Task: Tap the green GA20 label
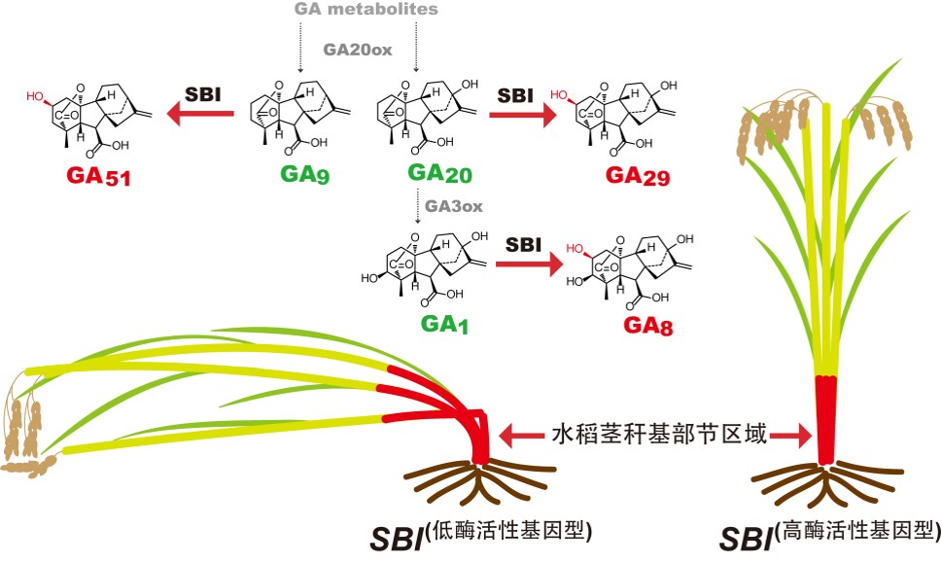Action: [425, 175]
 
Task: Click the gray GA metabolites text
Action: [366, 10]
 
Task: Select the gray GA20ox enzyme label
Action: [359, 51]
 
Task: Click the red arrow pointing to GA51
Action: [202, 116]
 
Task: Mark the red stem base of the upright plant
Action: [825, 418]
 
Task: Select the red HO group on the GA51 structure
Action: [36, 97]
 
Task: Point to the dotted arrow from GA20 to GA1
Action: [417, 206]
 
